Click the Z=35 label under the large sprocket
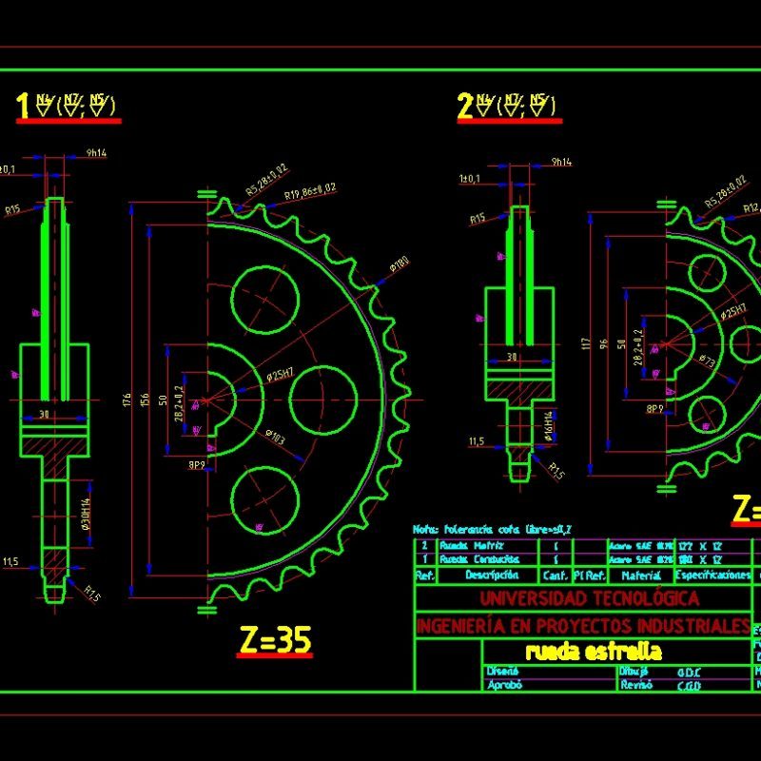275,642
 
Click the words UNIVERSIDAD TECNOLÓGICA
589,598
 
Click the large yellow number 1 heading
23,107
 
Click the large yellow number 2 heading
465,107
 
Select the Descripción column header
492,576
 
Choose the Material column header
640,576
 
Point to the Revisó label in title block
635,684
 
